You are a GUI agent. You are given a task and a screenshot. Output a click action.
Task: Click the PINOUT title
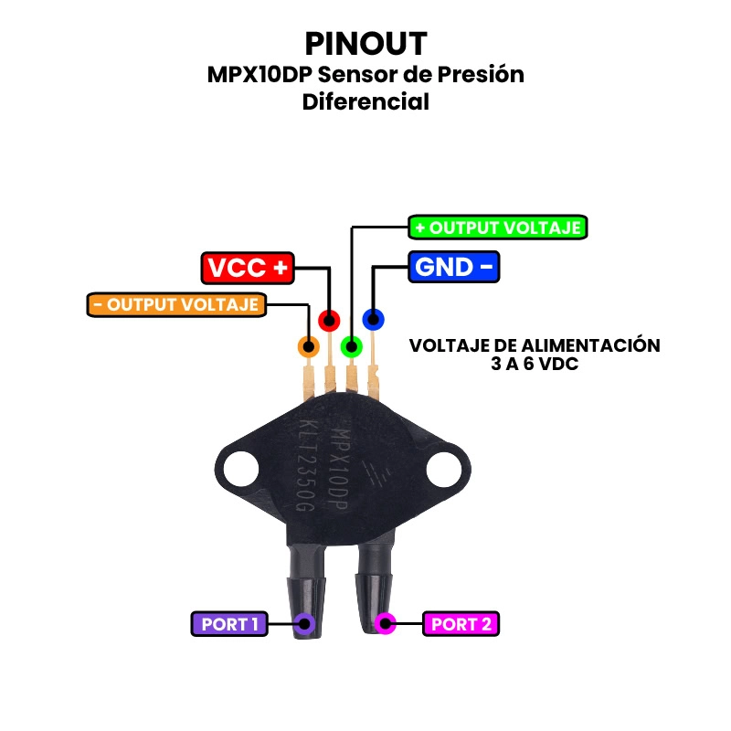(x=365, y=43)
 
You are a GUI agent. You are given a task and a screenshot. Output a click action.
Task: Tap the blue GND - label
(x=454, y=267)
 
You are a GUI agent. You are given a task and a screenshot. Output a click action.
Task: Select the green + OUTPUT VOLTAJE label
(x=497, y=228)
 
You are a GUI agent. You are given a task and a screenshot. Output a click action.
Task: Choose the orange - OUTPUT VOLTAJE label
(x=177, y=304)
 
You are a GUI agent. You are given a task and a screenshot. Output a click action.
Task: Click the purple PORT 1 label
(x=229, y=624)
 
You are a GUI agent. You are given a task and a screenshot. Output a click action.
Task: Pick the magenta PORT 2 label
(x=461, y=624)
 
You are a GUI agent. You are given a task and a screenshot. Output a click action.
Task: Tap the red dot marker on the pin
(x=329, y=320)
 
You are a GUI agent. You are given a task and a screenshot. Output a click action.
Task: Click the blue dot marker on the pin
(x=373, y=319)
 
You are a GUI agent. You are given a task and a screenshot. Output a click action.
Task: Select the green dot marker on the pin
(x=351, y=346)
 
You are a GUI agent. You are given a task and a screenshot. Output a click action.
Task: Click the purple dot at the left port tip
(x=304, y=624)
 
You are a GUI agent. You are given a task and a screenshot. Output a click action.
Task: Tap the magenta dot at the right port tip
(x=386, y=624)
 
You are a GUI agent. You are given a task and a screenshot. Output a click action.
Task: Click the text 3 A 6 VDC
(x=535, y=364)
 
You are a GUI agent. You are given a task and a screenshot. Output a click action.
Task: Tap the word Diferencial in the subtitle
(x=365, y=101)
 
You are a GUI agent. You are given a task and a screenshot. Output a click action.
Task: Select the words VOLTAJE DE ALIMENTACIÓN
(x=535, y=345)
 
